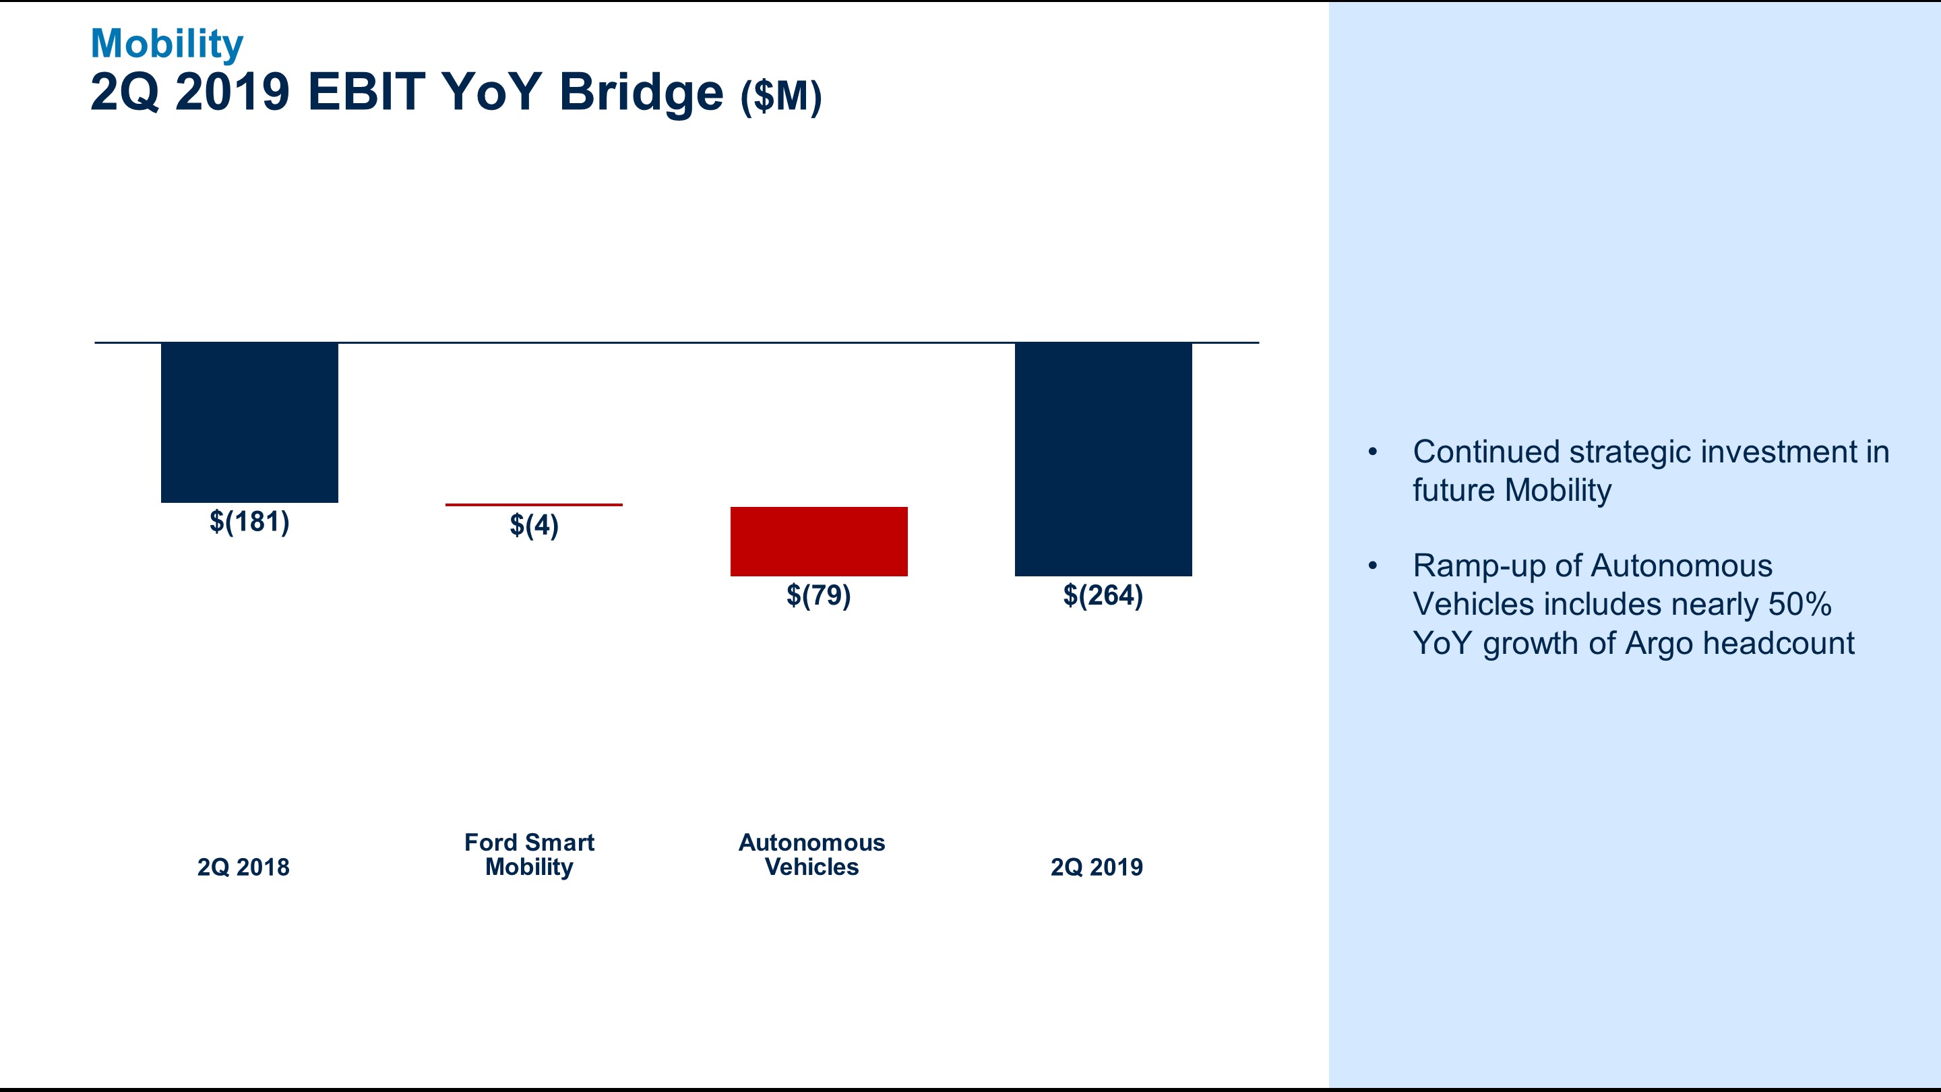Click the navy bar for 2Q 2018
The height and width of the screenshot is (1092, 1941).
tap(249, 422)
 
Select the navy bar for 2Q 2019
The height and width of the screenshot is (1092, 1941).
tap(1103, 459)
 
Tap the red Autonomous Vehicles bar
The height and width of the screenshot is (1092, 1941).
tap(818, 541)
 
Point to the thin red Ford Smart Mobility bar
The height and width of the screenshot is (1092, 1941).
tap(534, 504)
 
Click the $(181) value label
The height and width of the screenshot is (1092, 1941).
tap(249, 522)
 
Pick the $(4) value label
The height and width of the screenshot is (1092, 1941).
tap(534, 525)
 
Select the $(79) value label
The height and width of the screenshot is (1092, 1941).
tap(818, 595)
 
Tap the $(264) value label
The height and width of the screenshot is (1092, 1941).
tap(1103, 595)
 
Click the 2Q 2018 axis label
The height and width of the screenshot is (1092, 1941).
tap(243, 868)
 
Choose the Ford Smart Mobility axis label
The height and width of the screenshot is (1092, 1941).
tap(529, 855)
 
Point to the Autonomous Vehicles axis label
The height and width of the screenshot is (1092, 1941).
tap(811, 855)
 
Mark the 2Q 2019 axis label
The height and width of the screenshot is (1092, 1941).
tap(1097, 868)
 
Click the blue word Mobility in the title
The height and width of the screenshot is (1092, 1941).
tap(166, 44)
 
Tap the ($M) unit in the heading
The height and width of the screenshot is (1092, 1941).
tap(780, 96)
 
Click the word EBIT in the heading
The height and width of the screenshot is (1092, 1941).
tap(366, 92)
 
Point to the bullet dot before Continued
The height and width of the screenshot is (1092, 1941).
tap(1372, 452)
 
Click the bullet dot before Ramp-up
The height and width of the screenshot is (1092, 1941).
tap(1372, 566)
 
